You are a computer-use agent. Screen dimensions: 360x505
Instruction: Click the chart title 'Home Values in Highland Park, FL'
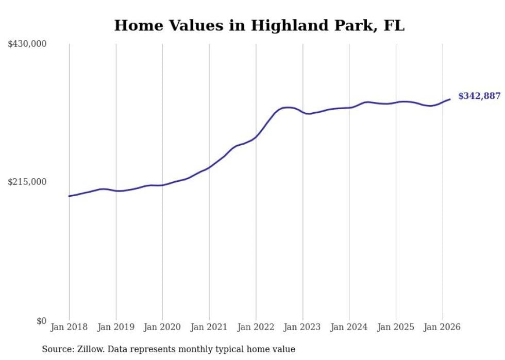[259, 25]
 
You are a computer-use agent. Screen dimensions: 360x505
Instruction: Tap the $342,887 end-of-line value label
[479, 96]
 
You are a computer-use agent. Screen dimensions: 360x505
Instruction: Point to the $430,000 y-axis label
[27, 44]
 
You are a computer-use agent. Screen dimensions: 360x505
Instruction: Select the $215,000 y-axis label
[27, 182]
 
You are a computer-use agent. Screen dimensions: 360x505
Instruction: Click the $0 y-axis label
[41, 321]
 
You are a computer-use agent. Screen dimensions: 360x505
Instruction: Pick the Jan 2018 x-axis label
[69, 327]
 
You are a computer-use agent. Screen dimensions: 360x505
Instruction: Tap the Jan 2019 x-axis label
[116, 327]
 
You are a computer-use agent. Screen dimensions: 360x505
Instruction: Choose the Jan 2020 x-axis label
[162, 327]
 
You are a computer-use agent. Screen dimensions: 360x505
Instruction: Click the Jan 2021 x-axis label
[209, 327]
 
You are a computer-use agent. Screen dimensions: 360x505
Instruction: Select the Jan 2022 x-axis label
[256, 327]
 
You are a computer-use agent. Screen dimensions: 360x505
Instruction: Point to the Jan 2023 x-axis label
[302, 327]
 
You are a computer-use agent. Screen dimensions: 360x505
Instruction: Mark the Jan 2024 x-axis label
[349, 327]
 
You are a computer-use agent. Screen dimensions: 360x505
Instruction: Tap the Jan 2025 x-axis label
[396, 327]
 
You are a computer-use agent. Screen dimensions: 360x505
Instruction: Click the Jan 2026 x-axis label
[442, 327]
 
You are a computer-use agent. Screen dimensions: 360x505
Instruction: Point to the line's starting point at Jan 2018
[69, 196]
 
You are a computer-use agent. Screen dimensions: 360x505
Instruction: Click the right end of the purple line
[450, 99]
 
